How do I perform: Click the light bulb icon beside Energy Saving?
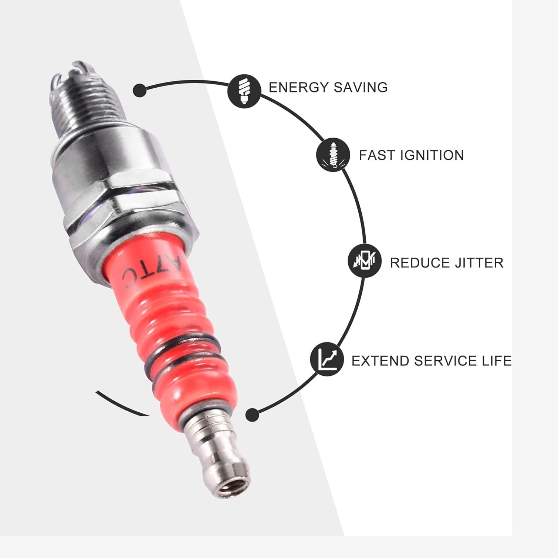pos(244,91)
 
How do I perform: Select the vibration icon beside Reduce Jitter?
pos(364,261)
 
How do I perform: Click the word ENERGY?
pos(298,88)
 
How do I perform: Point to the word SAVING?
pos(361,88)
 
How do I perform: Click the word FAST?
pos(375,155)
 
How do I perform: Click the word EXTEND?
pos(380,361)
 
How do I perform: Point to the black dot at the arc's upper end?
pos(139,90)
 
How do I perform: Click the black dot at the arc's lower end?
pos(252,415)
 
